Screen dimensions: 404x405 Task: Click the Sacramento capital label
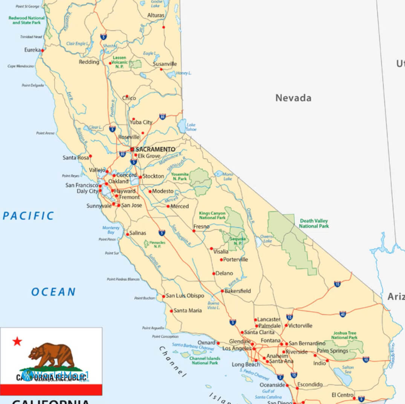pos(155,149)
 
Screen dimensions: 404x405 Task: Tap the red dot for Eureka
pos(43,50)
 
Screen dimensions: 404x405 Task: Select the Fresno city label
pos(201,227)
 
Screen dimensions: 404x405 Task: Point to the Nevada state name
pos(293,98)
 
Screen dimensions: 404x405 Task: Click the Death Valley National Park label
pos(314,224)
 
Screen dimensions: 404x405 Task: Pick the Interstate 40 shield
pos(342,314)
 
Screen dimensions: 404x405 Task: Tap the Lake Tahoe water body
pos(182,126)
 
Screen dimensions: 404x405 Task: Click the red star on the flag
pos(17,341)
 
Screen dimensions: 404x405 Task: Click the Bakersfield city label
pos(238,291)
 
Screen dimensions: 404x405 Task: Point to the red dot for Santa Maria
pos(171,311)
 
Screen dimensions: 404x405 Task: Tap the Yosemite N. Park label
pos(180,177)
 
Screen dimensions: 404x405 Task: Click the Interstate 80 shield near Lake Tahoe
pos(162,116)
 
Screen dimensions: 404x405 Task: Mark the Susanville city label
pos(165,64)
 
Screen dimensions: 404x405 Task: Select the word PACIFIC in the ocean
pos(28,216)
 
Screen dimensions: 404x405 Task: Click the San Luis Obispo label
pos(185,296)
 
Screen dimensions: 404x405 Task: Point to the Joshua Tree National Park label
pos(344,335)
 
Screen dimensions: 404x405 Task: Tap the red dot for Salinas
pos(127,234)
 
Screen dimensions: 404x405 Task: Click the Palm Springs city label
pos(332,351)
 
